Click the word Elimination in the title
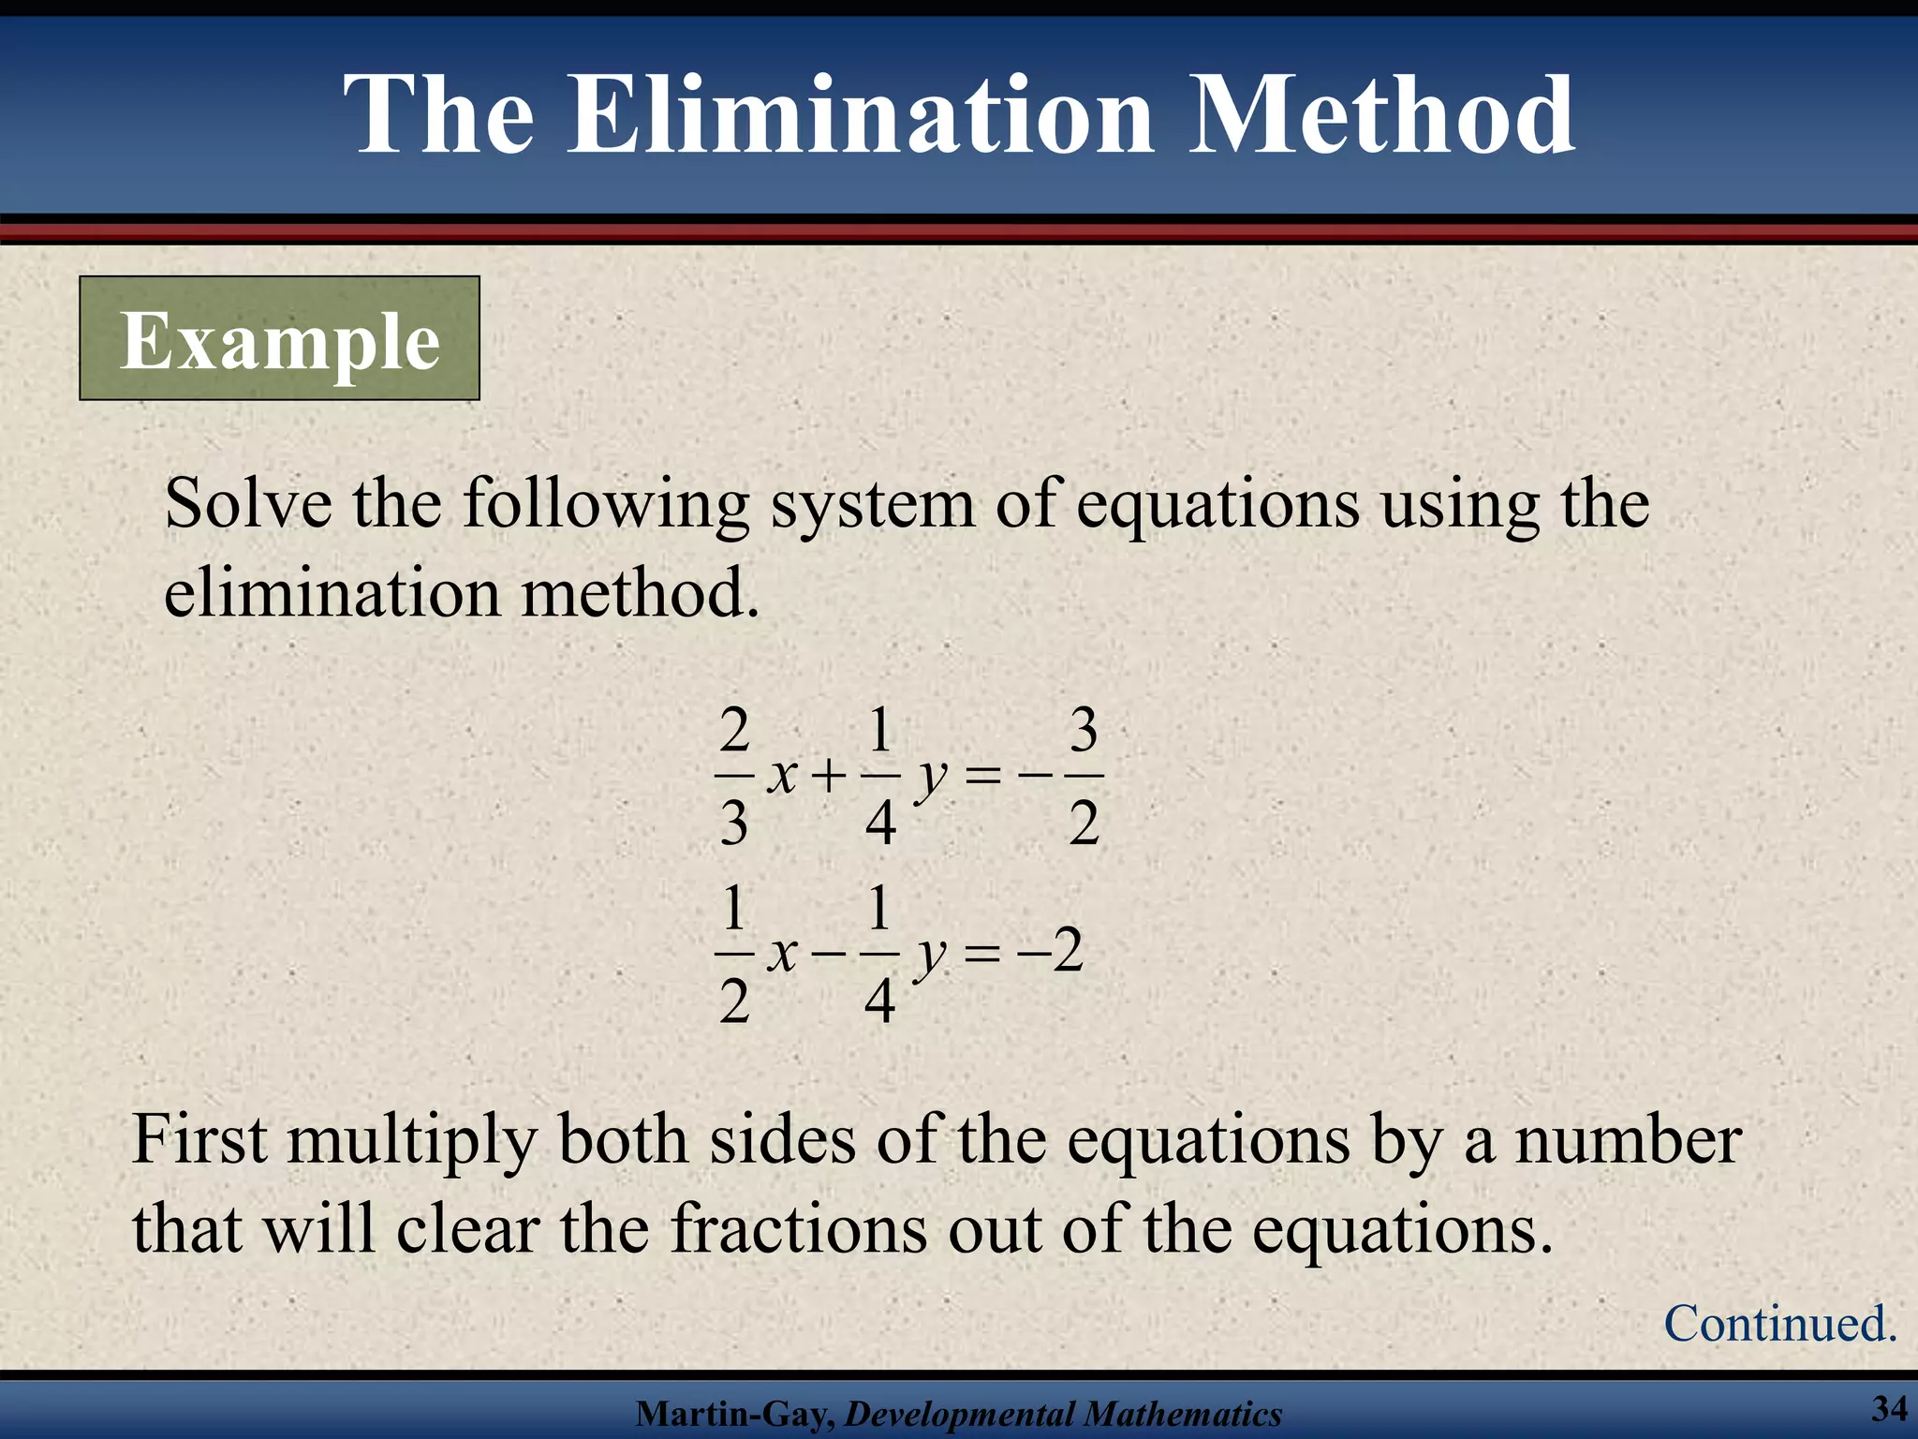860,116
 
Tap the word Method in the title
1382,116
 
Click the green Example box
279,339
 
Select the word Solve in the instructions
247,504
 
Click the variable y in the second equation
930,957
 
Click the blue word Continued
1780,1323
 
